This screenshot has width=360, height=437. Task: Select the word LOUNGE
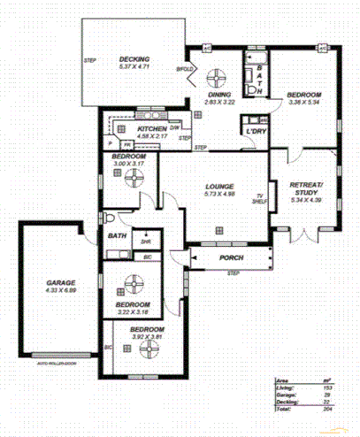218,186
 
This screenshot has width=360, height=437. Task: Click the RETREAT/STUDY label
307,188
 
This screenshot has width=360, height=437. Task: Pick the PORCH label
231,257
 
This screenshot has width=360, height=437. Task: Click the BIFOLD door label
184,68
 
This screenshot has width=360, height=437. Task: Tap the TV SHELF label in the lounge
260,198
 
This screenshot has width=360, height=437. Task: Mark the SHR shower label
145,239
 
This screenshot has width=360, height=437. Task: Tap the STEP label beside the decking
89,60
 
